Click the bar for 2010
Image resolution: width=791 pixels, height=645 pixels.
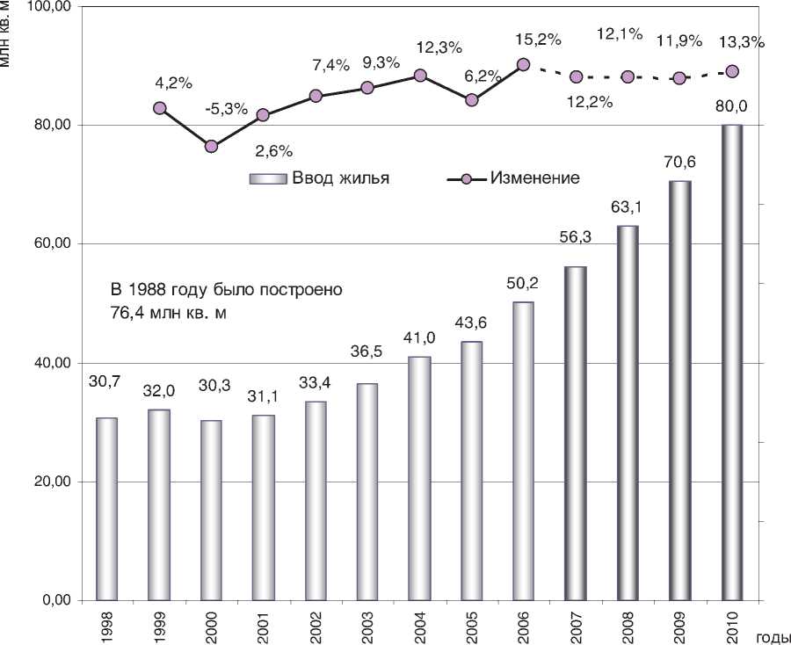(x=731, y=362)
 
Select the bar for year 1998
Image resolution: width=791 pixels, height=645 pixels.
(x=106, y=509)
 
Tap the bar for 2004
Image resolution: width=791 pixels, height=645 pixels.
(x=419, y=478)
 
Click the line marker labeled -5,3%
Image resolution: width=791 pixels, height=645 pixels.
(x=211, y=146)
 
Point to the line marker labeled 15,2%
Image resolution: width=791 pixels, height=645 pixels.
(x=524, y=64)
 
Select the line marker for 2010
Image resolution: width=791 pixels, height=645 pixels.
(x=732, y=71)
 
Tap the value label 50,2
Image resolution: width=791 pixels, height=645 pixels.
(x=523, y=284)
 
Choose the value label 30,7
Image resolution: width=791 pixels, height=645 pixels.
(x=105, y=381)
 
